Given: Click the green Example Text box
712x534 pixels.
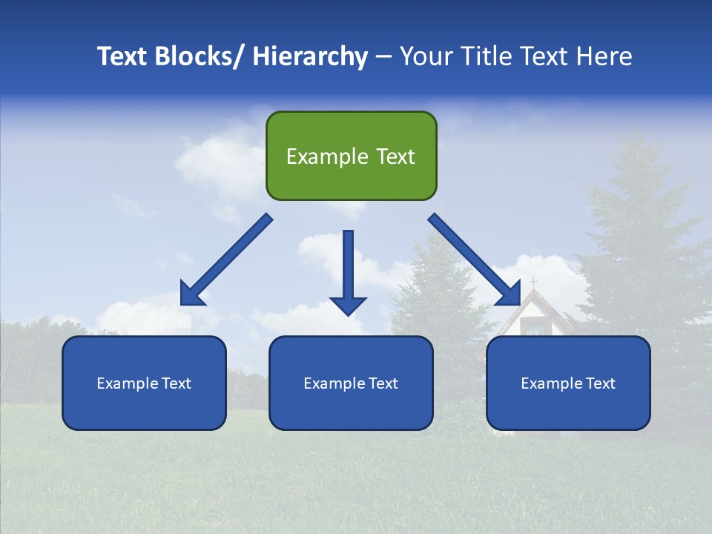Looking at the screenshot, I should [x=351, y=156].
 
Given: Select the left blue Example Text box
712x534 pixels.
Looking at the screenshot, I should [x=144, y=383].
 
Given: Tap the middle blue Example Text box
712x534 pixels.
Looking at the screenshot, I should [x=351, y=383].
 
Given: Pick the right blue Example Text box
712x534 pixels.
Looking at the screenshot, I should [x=568, y=383].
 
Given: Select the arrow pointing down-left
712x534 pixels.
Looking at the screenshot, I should [x=227, y=260].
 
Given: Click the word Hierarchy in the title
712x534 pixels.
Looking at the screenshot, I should [x=309, y=56].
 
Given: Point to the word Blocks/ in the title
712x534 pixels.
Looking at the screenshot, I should [x=201, y=56].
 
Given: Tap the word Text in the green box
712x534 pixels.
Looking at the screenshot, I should [x=395, y=156].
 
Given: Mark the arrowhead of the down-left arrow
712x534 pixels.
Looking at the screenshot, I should [x=193, y=294].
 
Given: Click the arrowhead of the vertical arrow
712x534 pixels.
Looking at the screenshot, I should [x=348, y=305].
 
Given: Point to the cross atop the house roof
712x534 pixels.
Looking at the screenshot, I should [x=533, y=283].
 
